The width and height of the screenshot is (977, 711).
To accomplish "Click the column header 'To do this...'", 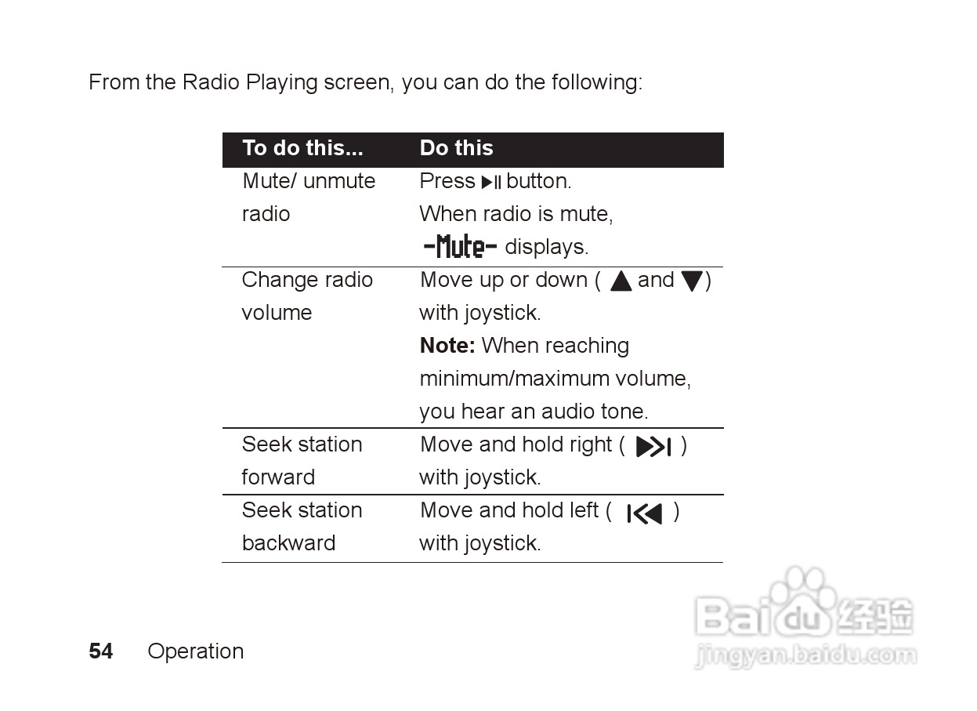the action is pos(302,148).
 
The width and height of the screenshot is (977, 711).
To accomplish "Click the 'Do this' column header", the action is pos(456,148).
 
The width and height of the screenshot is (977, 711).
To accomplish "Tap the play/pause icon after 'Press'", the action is pos(491,183).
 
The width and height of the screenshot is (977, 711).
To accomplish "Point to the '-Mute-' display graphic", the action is pos(460,248).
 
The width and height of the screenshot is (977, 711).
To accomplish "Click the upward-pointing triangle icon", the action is pos(621,281).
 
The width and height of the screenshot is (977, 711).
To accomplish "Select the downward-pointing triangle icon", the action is pos(691,281).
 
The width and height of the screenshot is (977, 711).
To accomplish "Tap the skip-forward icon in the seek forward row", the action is pos(653,447).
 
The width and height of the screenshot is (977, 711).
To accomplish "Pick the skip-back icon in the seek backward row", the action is pos(644,513).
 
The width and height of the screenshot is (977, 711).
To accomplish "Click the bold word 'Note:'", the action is pos(447,346).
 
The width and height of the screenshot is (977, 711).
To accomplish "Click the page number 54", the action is pos(100,651).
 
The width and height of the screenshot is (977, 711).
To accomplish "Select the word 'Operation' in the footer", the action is pos(195,651).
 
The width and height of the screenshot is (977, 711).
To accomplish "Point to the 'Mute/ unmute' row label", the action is pos(309,181).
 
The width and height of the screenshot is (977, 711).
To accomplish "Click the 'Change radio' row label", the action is pos(307,280).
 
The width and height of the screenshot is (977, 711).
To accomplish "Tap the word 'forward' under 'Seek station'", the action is pos(278,477).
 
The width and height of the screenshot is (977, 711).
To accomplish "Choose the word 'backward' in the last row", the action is pos(288,543).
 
